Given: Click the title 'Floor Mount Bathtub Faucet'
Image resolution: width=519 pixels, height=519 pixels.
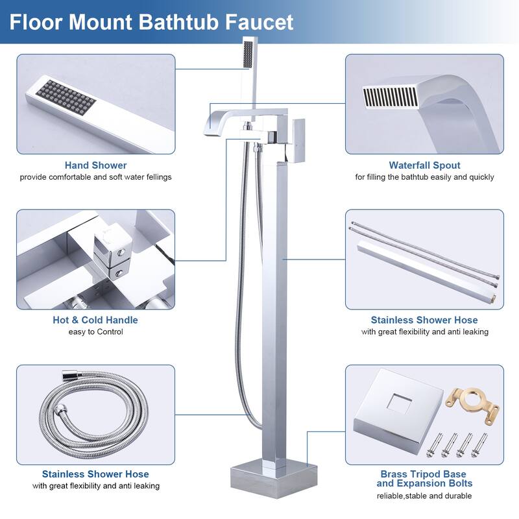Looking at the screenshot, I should click(152, 22).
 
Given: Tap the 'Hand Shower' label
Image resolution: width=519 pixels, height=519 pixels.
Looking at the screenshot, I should click(95, 165).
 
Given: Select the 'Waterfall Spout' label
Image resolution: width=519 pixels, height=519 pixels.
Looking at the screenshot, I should click(424, 165).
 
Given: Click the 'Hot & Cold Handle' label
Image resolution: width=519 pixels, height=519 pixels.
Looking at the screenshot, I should click(95, 320).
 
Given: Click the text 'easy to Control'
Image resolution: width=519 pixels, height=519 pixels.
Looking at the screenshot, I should click(95, 332).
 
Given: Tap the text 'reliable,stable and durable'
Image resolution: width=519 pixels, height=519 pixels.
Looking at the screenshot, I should click(424, 496).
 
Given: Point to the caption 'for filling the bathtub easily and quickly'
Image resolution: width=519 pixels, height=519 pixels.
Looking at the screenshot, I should click(424, 177).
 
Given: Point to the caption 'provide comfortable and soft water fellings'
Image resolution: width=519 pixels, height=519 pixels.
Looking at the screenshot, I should click(95, 177).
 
